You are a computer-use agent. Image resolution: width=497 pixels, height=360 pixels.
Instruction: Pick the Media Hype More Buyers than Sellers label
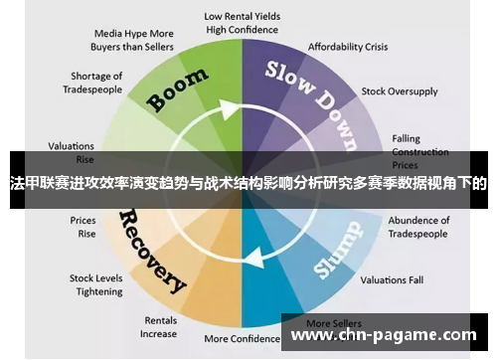click(134, 39)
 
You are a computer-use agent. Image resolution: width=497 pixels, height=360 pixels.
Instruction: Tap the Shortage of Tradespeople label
click(96, 83)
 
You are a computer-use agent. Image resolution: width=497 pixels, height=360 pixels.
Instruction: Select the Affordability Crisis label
click(348, 47)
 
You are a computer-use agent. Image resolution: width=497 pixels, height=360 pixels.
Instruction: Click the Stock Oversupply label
click(399, 91)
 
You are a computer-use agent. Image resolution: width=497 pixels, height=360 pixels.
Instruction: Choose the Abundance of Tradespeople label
click(418, 227)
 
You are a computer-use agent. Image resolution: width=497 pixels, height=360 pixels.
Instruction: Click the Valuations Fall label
click(392, 279)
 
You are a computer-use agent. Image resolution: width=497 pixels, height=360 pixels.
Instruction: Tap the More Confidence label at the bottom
click(243, 339)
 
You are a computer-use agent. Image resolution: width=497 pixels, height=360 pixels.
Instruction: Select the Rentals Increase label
click(160, 327)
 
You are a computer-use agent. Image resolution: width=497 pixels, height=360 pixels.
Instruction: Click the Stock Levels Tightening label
click(95, 285)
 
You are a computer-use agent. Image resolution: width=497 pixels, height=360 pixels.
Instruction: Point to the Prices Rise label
click(83, 227)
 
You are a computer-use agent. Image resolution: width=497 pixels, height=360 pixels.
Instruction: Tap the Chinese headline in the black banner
click(248, 183)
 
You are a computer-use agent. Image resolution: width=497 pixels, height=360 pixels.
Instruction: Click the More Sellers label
click(332, 323)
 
